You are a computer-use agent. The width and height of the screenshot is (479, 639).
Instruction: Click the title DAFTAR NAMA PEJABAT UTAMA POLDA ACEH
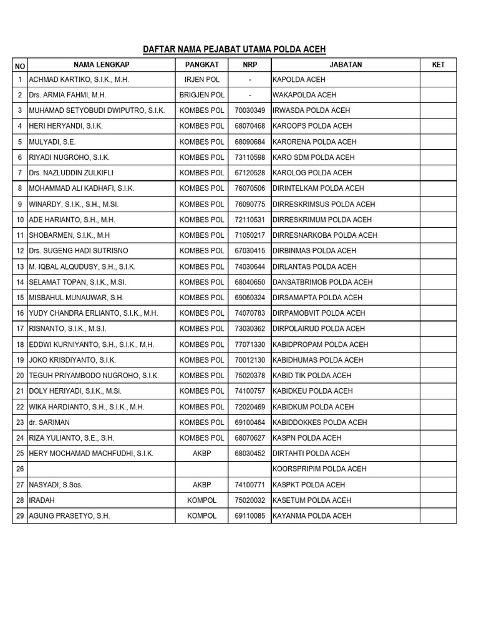tap(235, 50)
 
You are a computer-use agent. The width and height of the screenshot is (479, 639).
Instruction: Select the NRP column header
tap(249, 64)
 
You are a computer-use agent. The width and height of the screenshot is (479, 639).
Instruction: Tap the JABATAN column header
tap(346, 64)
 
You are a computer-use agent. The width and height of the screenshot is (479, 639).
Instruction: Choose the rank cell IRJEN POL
tap(201, 80)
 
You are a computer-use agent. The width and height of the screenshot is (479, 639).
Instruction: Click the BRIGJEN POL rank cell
tap(201, 95)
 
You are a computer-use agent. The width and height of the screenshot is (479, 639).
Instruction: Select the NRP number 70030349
tap(249, 110)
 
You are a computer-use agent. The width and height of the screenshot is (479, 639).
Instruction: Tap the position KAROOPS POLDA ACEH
tap(312, 126)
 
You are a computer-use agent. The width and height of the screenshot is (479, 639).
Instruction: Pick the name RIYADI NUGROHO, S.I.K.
tap(69, 157)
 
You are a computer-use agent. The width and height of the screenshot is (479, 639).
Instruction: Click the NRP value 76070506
tap(249, 188)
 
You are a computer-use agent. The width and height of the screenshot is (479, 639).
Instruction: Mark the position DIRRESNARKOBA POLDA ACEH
tap(325, 235)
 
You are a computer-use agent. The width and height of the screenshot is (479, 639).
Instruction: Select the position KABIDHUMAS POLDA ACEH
tap(318, 360)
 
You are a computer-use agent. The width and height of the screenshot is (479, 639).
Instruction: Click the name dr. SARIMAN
tap(49, 422)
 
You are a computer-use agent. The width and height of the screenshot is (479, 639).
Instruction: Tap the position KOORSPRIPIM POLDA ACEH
tap(319, 469)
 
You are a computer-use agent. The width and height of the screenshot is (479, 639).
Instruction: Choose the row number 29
tap(20, 516)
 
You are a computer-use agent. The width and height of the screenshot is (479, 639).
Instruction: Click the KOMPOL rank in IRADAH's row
tap(201, 500)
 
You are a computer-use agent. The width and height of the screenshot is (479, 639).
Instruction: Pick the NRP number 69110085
tap(249, 516)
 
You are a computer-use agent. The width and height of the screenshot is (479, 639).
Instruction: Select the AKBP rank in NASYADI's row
tap(201, 485)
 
